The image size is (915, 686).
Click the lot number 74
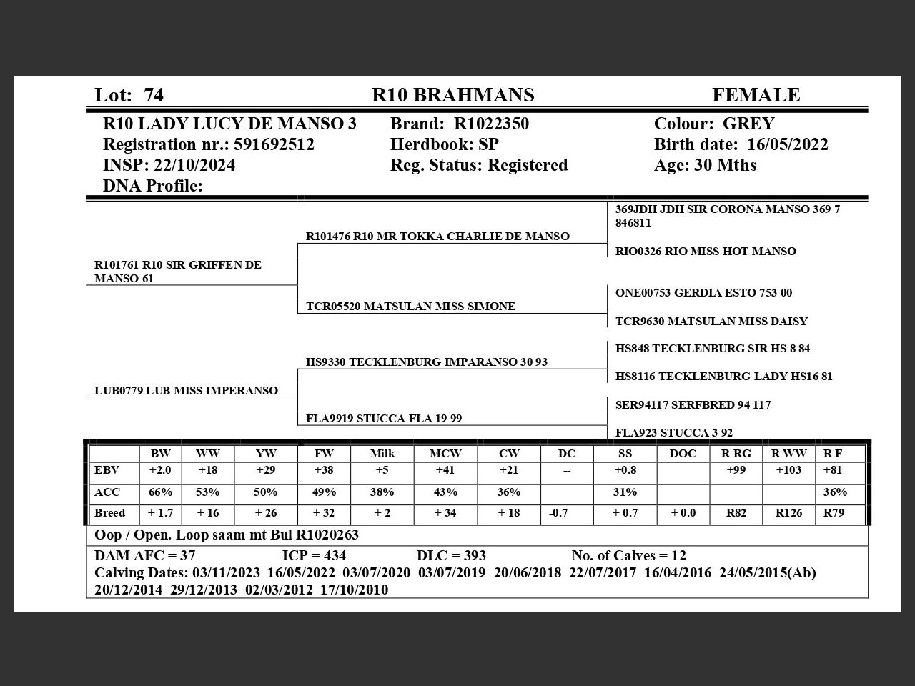[x=154, y=95]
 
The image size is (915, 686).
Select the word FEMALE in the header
[x=756, y=95]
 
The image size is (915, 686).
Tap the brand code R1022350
[x=491, y=124]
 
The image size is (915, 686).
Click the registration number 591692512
[x=274, y=144]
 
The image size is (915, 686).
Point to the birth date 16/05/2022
[x=787, y=144]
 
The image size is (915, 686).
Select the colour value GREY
[x=748, y=124]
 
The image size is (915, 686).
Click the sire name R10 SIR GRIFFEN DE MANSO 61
[x=177, y=272]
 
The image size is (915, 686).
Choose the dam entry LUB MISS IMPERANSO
[x=186, y=390]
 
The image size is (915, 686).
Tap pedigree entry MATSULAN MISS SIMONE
[x=410, y=306]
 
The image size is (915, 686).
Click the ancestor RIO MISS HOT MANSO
[x=705, y=251]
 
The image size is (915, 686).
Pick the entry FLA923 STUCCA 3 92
[x=673, y=432]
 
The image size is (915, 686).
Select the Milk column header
[x=382, y=453]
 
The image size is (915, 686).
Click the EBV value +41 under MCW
[x=445, y=470]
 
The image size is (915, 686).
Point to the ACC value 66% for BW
[x=160, y=492]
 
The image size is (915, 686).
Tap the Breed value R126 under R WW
[x=788, y=513]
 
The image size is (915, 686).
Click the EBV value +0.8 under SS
[x=625, y=470]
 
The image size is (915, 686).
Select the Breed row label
[x=109, y=513]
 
